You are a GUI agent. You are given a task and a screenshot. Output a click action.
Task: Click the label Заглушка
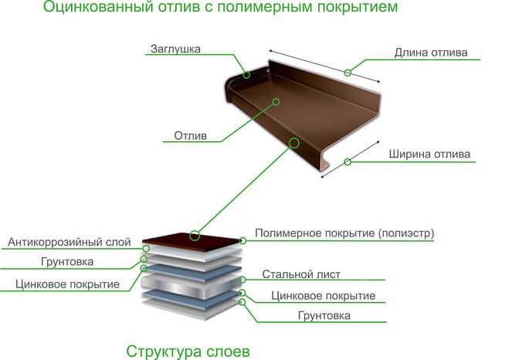pyautogui.click(x=175, y=49)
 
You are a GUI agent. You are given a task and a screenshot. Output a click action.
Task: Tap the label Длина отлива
pyautogui.click(x=431, y=53)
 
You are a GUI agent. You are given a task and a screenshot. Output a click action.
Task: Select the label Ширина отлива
pyautogui.click(x=429, y=155)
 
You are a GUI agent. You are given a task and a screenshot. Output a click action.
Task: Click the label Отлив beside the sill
pyautogui.click(x=190, y=136)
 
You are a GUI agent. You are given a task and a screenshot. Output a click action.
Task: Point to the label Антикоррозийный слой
pyautogui.click(x=69, y=242)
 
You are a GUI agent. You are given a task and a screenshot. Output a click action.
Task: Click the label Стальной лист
pyautogui.click(x=301, y=274)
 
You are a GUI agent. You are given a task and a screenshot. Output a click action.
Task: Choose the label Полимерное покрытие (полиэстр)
pyautogui.click(x=344, y=233)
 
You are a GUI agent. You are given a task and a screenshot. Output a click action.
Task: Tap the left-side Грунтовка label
pyautogui.click(x=67, y=262)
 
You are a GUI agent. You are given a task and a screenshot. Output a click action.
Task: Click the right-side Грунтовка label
pyautogui.click(x=324, y=316)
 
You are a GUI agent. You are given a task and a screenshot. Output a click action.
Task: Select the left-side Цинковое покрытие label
pyautogui.click(x=67, y=284)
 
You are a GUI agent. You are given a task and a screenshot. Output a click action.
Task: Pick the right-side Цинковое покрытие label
pyautogui.click(x=324, y=296)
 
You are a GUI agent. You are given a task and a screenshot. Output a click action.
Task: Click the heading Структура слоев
pyautogui.click(x=188, y=352)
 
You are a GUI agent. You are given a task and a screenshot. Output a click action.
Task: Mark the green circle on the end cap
pyautogui.click(x=246, y=75)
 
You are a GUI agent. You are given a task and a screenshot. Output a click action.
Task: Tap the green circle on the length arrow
pyautogui.click(x=347, y=73)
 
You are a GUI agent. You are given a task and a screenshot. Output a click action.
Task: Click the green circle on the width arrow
pyautogui.click(x=347, y=162)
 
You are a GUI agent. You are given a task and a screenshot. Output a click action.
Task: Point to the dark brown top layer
pyautogui.click(x=192, y=241)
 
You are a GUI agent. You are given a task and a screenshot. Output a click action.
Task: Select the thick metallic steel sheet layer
pyautogui.click(x=192, y=287)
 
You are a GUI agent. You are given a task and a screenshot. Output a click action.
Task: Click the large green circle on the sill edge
pyautogui.click(x=294, y=143)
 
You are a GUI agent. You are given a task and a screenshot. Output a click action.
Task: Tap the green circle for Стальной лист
pyautogui.click(x=242, y=280)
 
